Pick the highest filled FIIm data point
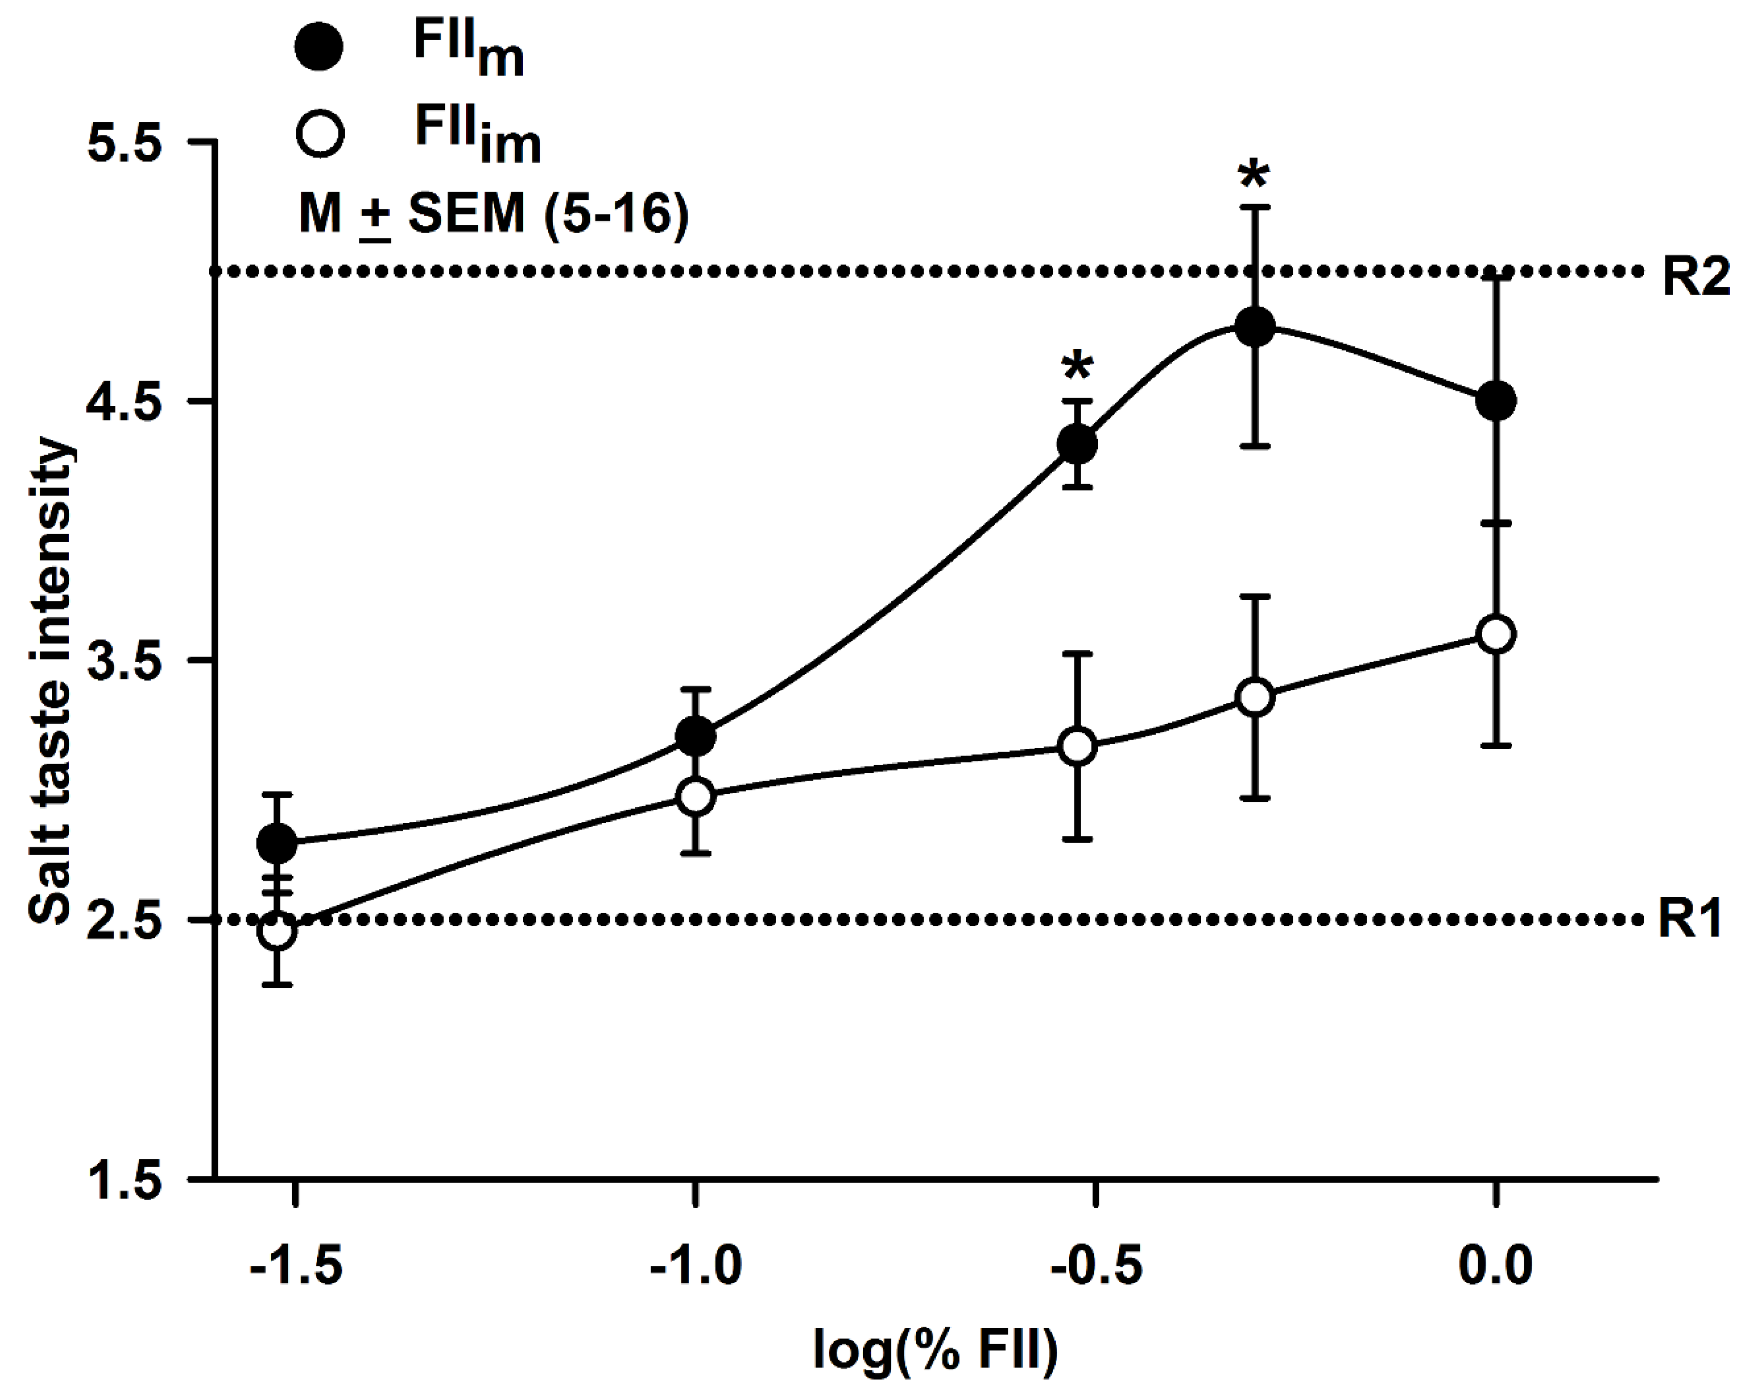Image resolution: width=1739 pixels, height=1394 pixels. [x=1255, y=326]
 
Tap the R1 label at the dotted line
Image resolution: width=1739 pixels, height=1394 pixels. [x=1690, y=919]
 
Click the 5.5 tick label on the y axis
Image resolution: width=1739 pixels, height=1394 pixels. [x=125, y=143]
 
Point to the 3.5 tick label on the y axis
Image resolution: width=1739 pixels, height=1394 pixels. [x=125, y=661]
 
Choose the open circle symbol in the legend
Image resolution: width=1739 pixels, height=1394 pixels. [x=319, y=133]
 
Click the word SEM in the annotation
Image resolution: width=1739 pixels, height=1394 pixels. [x=466, y=215]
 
